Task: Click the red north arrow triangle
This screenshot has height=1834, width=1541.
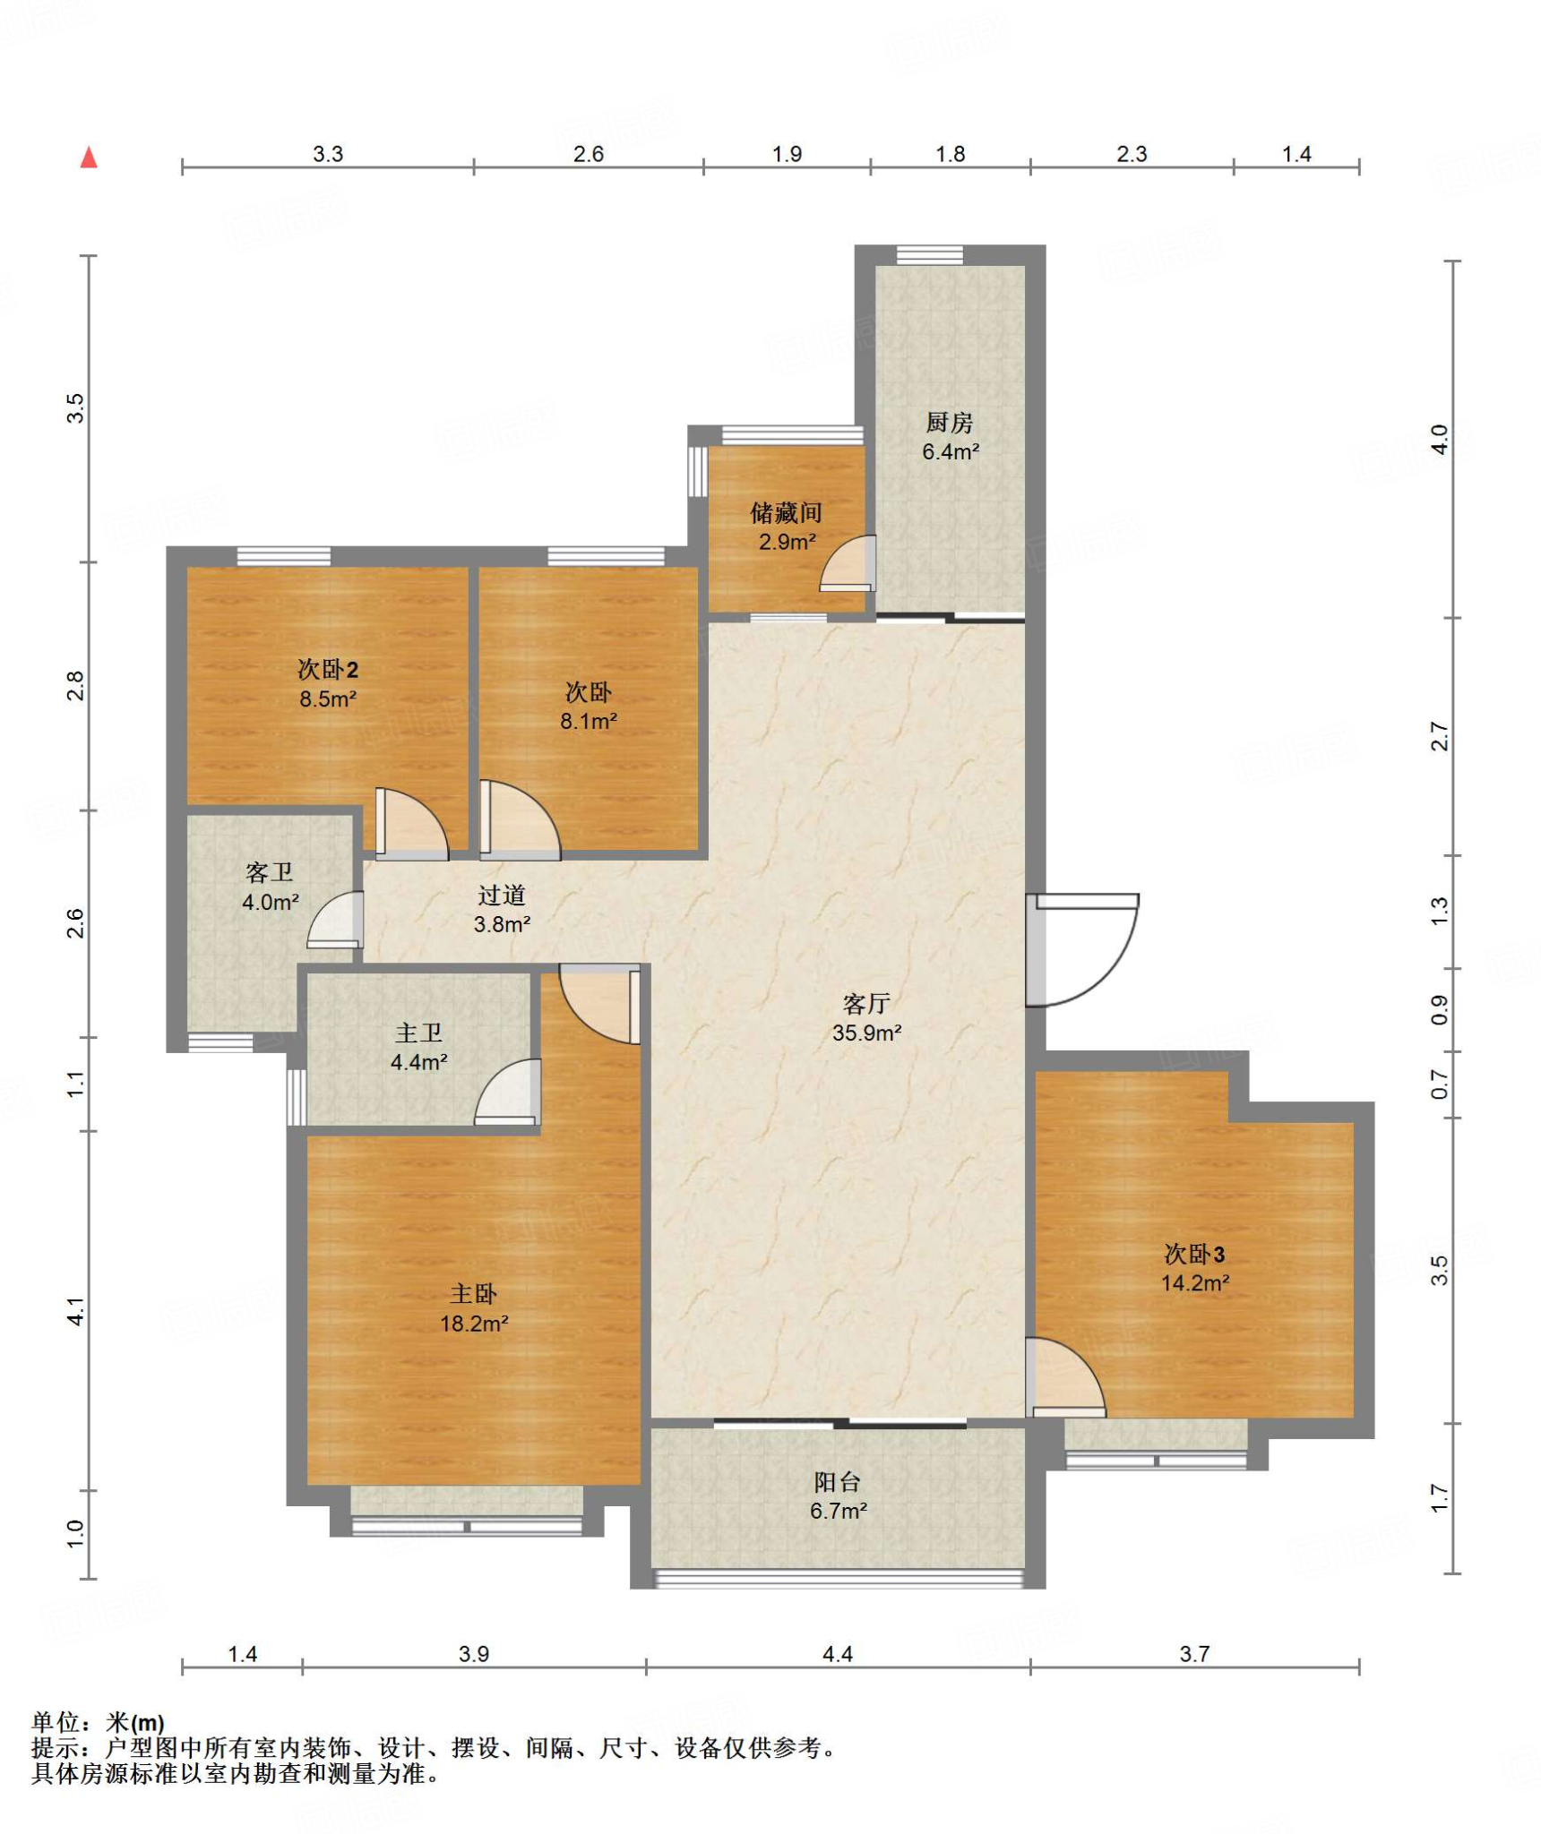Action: (x=89, y=158)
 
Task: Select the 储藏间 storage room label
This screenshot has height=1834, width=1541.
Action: (x=786, y=512)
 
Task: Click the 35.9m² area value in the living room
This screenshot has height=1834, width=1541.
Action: (x=865, y=1033)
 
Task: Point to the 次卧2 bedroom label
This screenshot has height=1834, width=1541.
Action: (x=328, y=669)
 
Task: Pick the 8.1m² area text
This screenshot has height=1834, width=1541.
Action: (x=589, y=721)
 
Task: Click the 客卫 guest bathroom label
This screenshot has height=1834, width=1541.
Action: (x=269, y=872)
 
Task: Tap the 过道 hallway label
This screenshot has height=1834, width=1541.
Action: (x=501, y=895)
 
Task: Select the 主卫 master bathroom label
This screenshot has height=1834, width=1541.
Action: (x=418, y=1033)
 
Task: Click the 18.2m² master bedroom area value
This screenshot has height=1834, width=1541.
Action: (x=474, y=1323)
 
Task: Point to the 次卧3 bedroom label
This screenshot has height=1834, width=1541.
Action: (x=1194, y=1254)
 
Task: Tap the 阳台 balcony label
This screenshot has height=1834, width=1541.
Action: (x=838, y=1482)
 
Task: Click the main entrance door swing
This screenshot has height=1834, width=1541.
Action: (x=1082, y=949)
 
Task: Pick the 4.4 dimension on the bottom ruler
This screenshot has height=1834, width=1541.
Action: (x=838, y=1654)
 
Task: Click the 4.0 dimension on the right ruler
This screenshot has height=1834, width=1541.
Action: (x=1439, y=439)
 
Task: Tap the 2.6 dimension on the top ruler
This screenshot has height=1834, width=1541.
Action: (x=589, y=154)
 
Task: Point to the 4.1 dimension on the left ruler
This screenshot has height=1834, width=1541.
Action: (x=76, y=1311)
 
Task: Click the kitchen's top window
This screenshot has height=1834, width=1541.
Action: (x=930, y=254)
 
